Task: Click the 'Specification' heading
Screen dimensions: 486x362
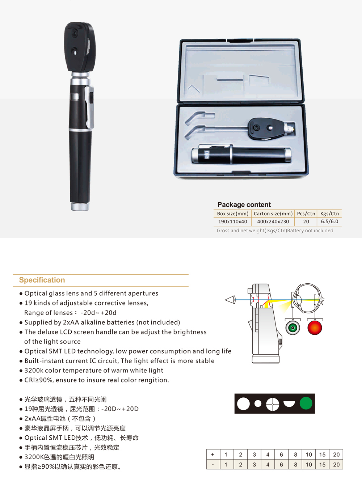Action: (x=42, y=280)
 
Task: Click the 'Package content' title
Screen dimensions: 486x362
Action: (x=244, y=204)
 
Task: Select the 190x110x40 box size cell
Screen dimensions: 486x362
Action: (x=232, y=221)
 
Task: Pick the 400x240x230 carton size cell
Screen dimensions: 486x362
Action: (x=273, y=221)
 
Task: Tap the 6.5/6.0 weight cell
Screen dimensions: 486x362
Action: (x=329, y=221)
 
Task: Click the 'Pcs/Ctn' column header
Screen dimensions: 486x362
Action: (x=306, y=214)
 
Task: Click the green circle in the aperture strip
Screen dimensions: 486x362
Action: (x=306, y=403)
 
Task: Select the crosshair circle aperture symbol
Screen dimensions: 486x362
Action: (x=273, y=404)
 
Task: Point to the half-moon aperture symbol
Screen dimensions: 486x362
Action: (x=289, y=403)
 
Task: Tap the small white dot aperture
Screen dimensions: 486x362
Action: (x=258, y=403)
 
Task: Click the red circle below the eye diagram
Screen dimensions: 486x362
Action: (x=315, y=328)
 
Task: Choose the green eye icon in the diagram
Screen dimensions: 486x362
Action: (x=292, y=328)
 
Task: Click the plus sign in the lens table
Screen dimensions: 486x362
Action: (x=212, y=455)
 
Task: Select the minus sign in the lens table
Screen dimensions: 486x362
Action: (x=212, y=465)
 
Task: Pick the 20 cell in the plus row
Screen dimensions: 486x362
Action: (x=336, y=455)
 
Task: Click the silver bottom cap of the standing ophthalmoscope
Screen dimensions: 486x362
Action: (x=80, y=207)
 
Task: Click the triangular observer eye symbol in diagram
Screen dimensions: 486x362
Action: (x=231, y=300)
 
